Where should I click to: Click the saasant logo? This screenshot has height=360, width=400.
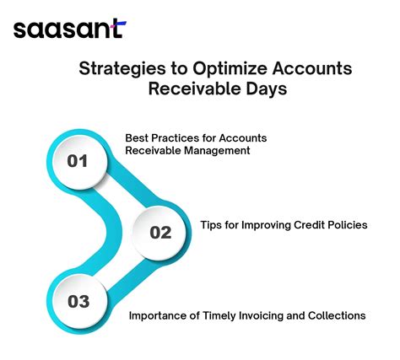click(x=68, y=30)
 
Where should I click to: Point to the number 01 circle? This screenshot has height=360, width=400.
click(x=78, y=161)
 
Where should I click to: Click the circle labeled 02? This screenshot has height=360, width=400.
click(x=160, y=233)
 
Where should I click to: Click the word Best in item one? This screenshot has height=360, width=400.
click(x=137, y=137)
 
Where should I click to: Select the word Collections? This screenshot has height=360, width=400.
click(x=337, y=315)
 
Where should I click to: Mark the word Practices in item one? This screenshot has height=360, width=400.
click(x=176, y=137)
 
